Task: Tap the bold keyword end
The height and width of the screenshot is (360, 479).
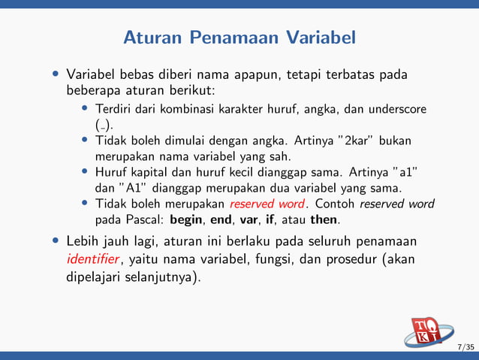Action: coord(222,220)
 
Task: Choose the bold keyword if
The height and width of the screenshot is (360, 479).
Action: coord(270,220)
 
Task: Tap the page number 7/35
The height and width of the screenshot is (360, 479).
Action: coord(465,346)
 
